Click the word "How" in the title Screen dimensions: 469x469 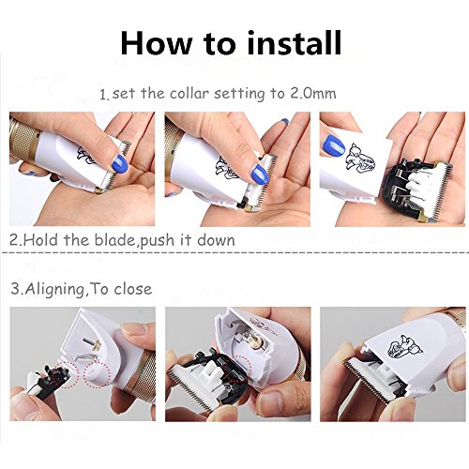coord(156,43)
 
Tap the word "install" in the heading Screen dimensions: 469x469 coord(295,42)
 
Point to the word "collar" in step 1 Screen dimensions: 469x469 coord(189,93)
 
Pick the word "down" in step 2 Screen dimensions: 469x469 coord(216,240)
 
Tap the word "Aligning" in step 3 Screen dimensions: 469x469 coord(54,289)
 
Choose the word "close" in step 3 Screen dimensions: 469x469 coord(133,289)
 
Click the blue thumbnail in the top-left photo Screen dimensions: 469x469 coord(119,164)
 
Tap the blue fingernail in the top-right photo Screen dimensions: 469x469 coord(334,145)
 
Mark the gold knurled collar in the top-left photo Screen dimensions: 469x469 coord(23,142)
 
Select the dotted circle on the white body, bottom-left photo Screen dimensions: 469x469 coord(98,374)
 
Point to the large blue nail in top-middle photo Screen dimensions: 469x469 coord(261,174)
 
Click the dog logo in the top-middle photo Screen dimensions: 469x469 coord(227,168)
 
